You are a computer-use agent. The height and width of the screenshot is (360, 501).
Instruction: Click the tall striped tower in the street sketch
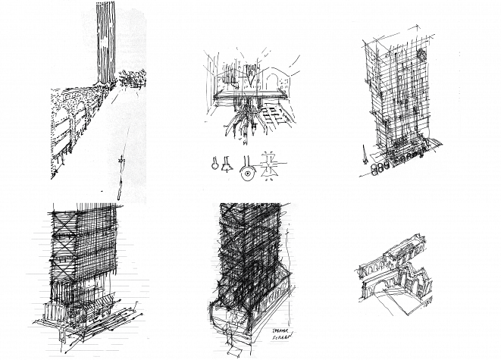[x=105, y=42]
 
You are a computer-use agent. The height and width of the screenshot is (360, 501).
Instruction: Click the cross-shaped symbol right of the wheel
[x=270, y=168]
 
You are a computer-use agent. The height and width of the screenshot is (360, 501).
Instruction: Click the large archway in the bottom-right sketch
[x=383, y=288]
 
